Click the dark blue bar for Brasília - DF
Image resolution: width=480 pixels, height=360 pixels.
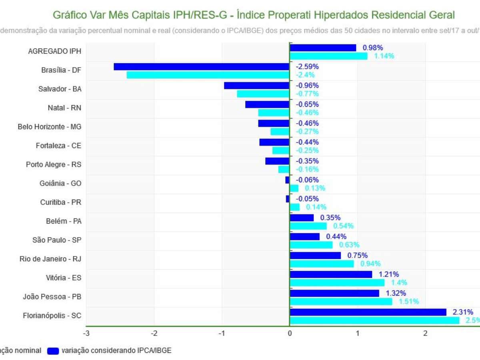(x=201, y=66)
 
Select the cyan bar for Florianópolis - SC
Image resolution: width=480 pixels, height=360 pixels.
(x=374, y=320)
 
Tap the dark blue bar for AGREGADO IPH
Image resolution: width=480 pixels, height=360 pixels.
(x=323, y=48)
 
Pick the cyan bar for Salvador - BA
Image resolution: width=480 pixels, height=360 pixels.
(x=263, y=94)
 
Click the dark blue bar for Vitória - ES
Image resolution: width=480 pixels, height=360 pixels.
(x=331, y=274)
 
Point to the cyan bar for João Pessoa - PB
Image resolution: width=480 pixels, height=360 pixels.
(x=341, y=302)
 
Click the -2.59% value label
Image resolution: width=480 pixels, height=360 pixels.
(x=307, y=66)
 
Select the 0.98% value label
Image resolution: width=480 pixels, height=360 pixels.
(x=373, y=48)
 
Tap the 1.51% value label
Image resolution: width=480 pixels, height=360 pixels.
(x=409, y=302)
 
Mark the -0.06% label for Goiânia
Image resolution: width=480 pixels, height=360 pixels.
(x=307, y=180)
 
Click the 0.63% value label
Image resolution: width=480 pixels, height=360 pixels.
(x=349, y=245)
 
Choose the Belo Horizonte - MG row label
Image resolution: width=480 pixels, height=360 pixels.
(x=50, y=127)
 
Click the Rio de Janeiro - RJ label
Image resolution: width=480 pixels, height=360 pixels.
(x=50, y=259)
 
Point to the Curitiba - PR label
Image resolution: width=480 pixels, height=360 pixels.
(x=61, y=202)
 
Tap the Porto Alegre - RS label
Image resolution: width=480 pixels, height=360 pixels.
(x=54, y=164)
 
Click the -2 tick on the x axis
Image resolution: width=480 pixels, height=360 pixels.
(x=154, y=333)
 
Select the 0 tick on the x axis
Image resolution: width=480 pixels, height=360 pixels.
(x=290, y=333)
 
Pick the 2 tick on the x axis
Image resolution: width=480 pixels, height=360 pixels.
(x=425, y=333)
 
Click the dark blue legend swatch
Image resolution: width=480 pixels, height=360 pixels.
(x=53, y=351)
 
